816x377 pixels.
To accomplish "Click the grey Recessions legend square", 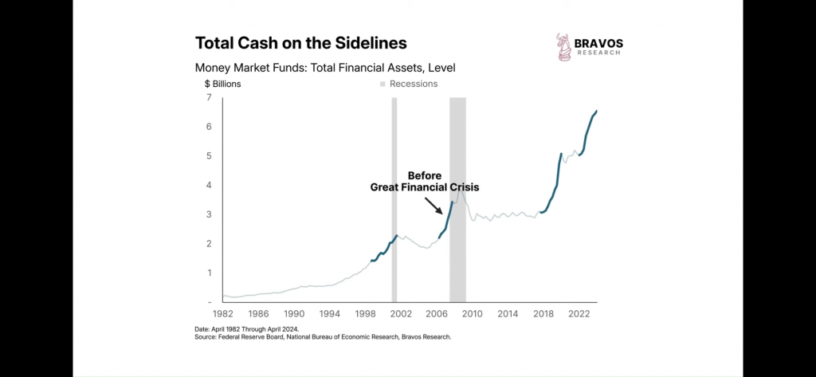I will (x=382, y=84).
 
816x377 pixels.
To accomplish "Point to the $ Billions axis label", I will (x=222, y=84).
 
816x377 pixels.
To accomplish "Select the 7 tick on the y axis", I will (x=209, y=97).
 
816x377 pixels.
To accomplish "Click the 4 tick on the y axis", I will (x=209, y=185).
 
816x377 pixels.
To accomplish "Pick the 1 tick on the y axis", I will (x=209, y=273).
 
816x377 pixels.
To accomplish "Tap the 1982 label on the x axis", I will (x=224, y=314).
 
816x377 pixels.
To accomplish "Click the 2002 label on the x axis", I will (x=400, y=314).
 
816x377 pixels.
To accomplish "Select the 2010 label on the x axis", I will (x=472, y=314).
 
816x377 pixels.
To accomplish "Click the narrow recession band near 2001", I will (x=394, y=199).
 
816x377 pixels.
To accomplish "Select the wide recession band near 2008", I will (x=457, y=199).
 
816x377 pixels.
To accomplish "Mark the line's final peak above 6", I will (x=596, y=111).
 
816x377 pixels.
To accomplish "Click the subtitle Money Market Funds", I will (x=324, y=68).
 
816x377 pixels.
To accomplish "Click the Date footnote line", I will (x=247, y=329).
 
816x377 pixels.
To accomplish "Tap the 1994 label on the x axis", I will (x=329, y=314).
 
